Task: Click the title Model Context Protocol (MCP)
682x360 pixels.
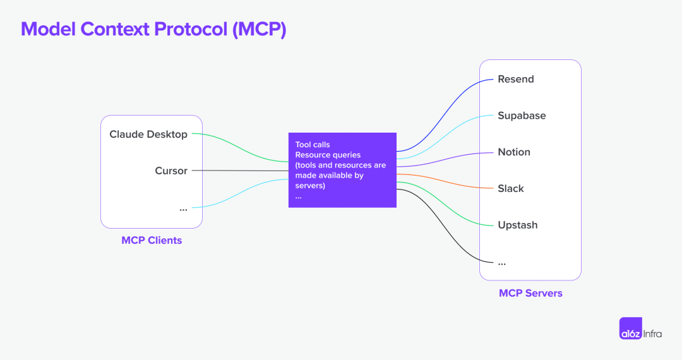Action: (153, 30)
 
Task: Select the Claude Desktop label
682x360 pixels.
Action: (148, 134)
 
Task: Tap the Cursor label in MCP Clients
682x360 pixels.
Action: (171, 171)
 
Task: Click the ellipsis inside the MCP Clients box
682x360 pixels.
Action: (183, 208)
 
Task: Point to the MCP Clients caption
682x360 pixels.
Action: (152, 240)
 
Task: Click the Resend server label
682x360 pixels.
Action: (515, 79)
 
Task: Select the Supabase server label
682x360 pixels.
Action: (522, 116)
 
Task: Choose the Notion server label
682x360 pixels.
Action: (514, 152)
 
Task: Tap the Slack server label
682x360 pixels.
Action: (511, 188)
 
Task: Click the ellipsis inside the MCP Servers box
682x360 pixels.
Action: (502, 262)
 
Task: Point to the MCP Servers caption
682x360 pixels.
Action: (530, 293)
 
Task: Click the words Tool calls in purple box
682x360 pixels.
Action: (313, 145)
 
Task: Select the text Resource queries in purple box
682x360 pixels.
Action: (328, 155)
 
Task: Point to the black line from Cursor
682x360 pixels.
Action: (240, 171)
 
